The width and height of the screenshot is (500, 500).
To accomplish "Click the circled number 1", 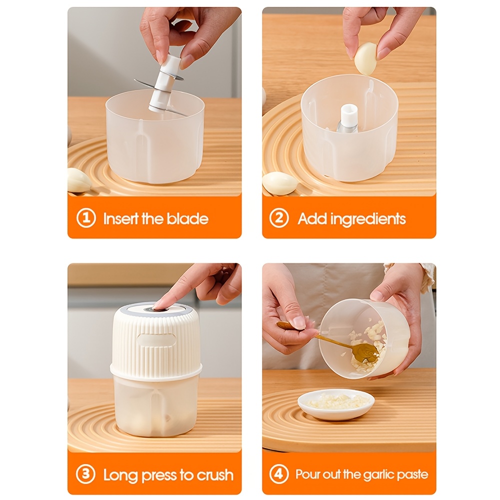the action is (x=86, y=218).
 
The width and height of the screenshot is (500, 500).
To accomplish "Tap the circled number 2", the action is (x=279, y=218).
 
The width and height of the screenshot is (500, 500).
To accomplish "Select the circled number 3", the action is (x=86, y=474).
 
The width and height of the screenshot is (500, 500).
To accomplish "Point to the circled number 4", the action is (x=279, y=474).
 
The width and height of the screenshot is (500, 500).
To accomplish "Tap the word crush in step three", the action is (x=215, y=475).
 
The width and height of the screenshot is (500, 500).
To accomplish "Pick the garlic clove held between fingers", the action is (x=365, y=59).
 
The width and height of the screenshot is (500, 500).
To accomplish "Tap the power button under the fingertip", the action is (x=156, y=309).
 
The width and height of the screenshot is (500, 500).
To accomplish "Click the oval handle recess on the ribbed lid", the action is (x=157, y=340).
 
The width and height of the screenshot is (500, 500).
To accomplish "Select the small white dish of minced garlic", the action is (x=336, y=403).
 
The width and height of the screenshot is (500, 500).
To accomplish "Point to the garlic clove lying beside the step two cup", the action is (x=279, y=182).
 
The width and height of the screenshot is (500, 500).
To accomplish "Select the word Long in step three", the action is (x=121, y=475).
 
